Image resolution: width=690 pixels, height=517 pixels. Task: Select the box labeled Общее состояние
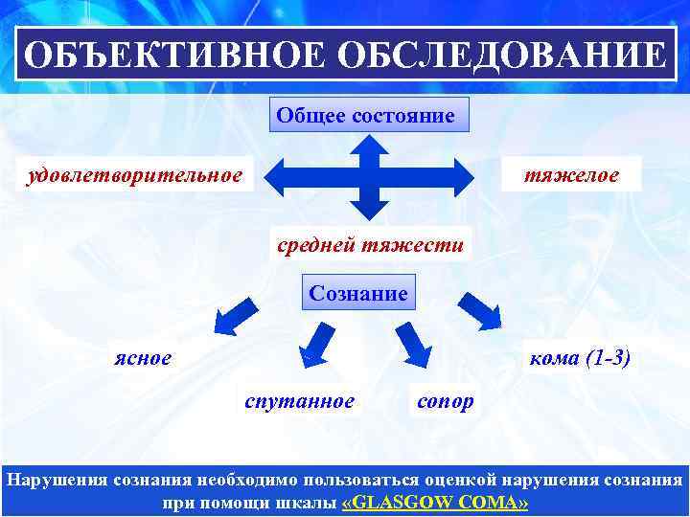tap(364, 115)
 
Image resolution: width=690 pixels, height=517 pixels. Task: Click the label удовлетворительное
tap(134, 175)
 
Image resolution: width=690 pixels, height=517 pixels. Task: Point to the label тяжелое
tap(570, 175)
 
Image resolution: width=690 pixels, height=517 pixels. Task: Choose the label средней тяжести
tap(370, 244)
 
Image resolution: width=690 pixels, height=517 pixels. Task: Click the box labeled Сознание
tap(357, 293)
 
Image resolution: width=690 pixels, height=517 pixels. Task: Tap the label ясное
tap(141, 357)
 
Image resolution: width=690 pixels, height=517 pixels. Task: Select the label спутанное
tap(299, 400)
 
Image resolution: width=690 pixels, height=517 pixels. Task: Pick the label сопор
tap(445, 400)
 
